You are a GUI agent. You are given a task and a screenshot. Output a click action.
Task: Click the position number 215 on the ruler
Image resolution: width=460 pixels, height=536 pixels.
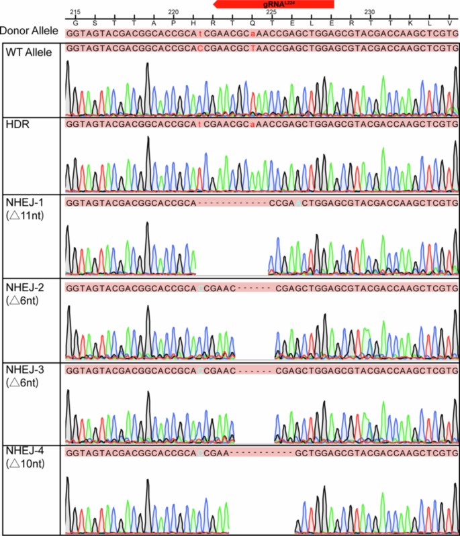75,13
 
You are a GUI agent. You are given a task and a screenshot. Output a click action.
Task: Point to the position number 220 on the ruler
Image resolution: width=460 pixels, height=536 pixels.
173,13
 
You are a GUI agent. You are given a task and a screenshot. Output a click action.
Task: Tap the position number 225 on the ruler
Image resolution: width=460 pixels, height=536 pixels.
271,13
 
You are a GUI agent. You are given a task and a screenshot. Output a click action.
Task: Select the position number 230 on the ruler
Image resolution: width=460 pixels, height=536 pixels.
369,13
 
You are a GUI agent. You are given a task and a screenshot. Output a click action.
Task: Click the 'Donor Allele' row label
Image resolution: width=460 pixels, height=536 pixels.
29,32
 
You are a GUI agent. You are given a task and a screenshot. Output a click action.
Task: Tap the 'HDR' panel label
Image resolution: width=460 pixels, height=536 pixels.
15,124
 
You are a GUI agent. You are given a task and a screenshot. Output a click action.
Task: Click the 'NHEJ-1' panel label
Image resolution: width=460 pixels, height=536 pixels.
23,202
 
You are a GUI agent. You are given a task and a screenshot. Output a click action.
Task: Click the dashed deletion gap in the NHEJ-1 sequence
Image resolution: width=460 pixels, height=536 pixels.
231,203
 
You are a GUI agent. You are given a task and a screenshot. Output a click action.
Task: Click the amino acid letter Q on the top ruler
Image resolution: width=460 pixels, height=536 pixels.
252,22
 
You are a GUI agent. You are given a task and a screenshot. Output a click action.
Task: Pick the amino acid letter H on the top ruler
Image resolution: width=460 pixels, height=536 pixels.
193,22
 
